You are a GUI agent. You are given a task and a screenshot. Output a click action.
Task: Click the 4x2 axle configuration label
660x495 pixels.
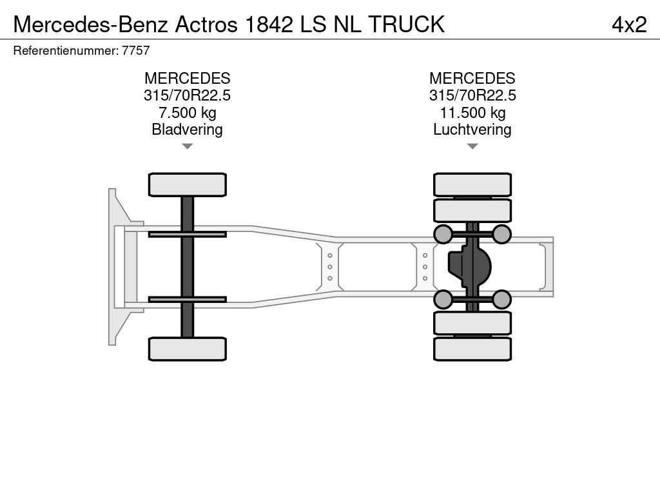click(x=628, y=24)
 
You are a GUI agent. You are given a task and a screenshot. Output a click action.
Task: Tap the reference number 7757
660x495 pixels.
click(x=137, y=51)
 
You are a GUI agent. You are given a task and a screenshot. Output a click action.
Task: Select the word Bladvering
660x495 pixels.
click(x=187, y=130)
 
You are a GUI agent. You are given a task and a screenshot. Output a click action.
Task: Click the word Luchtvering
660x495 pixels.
click(x=472, y=130)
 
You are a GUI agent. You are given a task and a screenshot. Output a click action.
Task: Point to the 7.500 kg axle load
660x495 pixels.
click(x=187, y=113)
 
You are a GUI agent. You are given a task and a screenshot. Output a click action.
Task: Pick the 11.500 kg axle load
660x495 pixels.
click(x=472, y=113)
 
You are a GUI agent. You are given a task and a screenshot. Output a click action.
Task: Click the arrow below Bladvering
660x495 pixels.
click(x=187, y=146)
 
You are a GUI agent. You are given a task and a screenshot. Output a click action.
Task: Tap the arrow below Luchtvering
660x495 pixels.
click(x=472, y=146)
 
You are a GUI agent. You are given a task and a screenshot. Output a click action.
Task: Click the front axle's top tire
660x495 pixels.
click(x=187, y=184)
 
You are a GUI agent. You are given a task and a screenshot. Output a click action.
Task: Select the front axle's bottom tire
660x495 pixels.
click(x=187, y=349)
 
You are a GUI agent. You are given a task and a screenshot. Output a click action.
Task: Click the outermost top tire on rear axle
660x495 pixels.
click(x=472, y=184)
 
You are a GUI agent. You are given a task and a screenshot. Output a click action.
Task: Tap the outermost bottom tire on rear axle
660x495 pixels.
click(x=472, y=349)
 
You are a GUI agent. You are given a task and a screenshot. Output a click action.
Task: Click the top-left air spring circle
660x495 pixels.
click(x=443, y=234)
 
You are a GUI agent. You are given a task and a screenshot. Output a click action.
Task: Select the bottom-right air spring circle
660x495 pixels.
click(x=501, y=299)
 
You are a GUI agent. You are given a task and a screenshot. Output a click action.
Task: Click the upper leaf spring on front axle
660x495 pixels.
click(x=187, y=234)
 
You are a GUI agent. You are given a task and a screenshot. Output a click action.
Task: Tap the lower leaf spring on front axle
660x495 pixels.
click(x=187, y=299)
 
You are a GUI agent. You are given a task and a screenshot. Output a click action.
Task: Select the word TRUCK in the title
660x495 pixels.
click(x=407, y=24)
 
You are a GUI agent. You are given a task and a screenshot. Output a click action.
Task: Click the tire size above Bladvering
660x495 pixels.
click(x=187, y=95)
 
